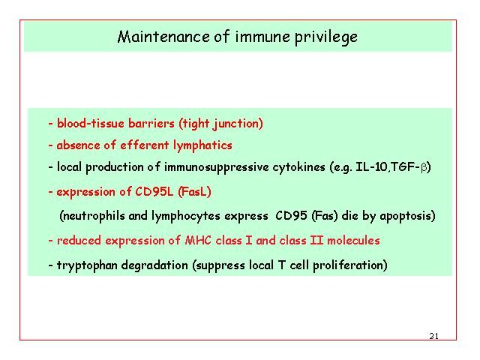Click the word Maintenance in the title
click(163, 37)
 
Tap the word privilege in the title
click(326, 38)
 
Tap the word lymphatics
click(202, 145)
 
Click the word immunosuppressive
click(217, 167)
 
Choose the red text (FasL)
click(194, 192)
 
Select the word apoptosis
click(405, 216)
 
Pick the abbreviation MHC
click(198, 240)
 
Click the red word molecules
click(353, 240)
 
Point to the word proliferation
click(347, 265)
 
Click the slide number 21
click(433, 336)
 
